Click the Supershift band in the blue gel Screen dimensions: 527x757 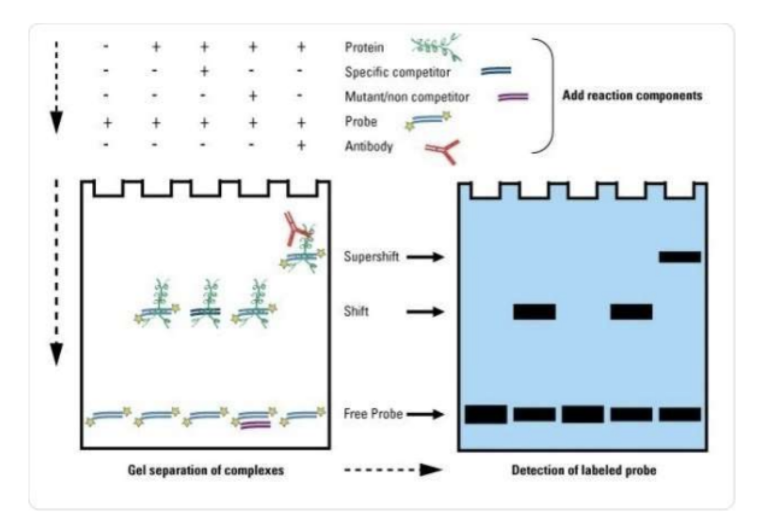[679, 257]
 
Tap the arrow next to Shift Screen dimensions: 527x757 [425, 311]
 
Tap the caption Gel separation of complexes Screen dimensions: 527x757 [204, 470]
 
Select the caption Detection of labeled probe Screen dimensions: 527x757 [583, 470]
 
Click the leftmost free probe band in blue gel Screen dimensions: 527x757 [486, 414]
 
